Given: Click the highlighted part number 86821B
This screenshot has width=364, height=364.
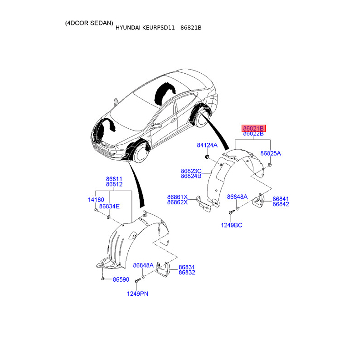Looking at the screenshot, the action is click(x=253, y=128).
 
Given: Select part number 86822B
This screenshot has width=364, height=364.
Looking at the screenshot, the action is click(x=253, y=134).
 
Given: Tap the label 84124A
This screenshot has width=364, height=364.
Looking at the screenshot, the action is click(x=207, y=145).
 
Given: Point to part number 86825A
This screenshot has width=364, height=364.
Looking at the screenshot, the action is click(x=270, y=153).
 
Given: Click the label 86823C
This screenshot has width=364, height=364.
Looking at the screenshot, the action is click(x=191, y=171).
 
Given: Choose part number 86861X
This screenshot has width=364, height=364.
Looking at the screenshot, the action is click(x=177, y=197).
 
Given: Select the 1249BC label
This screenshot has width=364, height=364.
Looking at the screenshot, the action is click(x=232, y=225).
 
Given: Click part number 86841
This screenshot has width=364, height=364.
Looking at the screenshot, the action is click(x=281, y=199).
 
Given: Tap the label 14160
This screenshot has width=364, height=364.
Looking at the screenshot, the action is click(x=96, y=200).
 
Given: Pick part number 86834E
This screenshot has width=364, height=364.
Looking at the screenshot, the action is click(x=109, y=206).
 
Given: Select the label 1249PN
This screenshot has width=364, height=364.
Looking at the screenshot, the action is click(x=137, y=294).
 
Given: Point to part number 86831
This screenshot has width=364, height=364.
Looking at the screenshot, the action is click(x=187, y=267).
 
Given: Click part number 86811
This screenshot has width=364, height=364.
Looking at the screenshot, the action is click(x=114, y=179).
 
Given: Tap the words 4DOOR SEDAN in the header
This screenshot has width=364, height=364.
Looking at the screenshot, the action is click(x=89, y=23).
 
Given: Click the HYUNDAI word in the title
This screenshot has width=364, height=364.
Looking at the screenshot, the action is click(x=129, y=28).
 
